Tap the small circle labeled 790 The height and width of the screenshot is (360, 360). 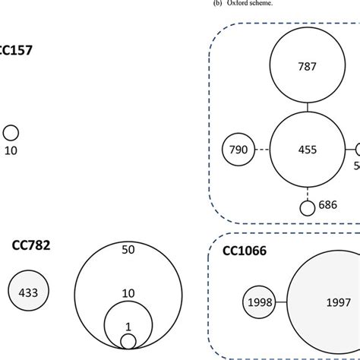[x=237, y=150]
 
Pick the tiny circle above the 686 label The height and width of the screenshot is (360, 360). [x=307, y=207]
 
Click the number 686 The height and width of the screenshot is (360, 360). [x=327, y=205]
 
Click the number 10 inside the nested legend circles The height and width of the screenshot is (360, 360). [x=128, y=293]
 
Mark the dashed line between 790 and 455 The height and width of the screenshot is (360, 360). [x=261, y=150]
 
